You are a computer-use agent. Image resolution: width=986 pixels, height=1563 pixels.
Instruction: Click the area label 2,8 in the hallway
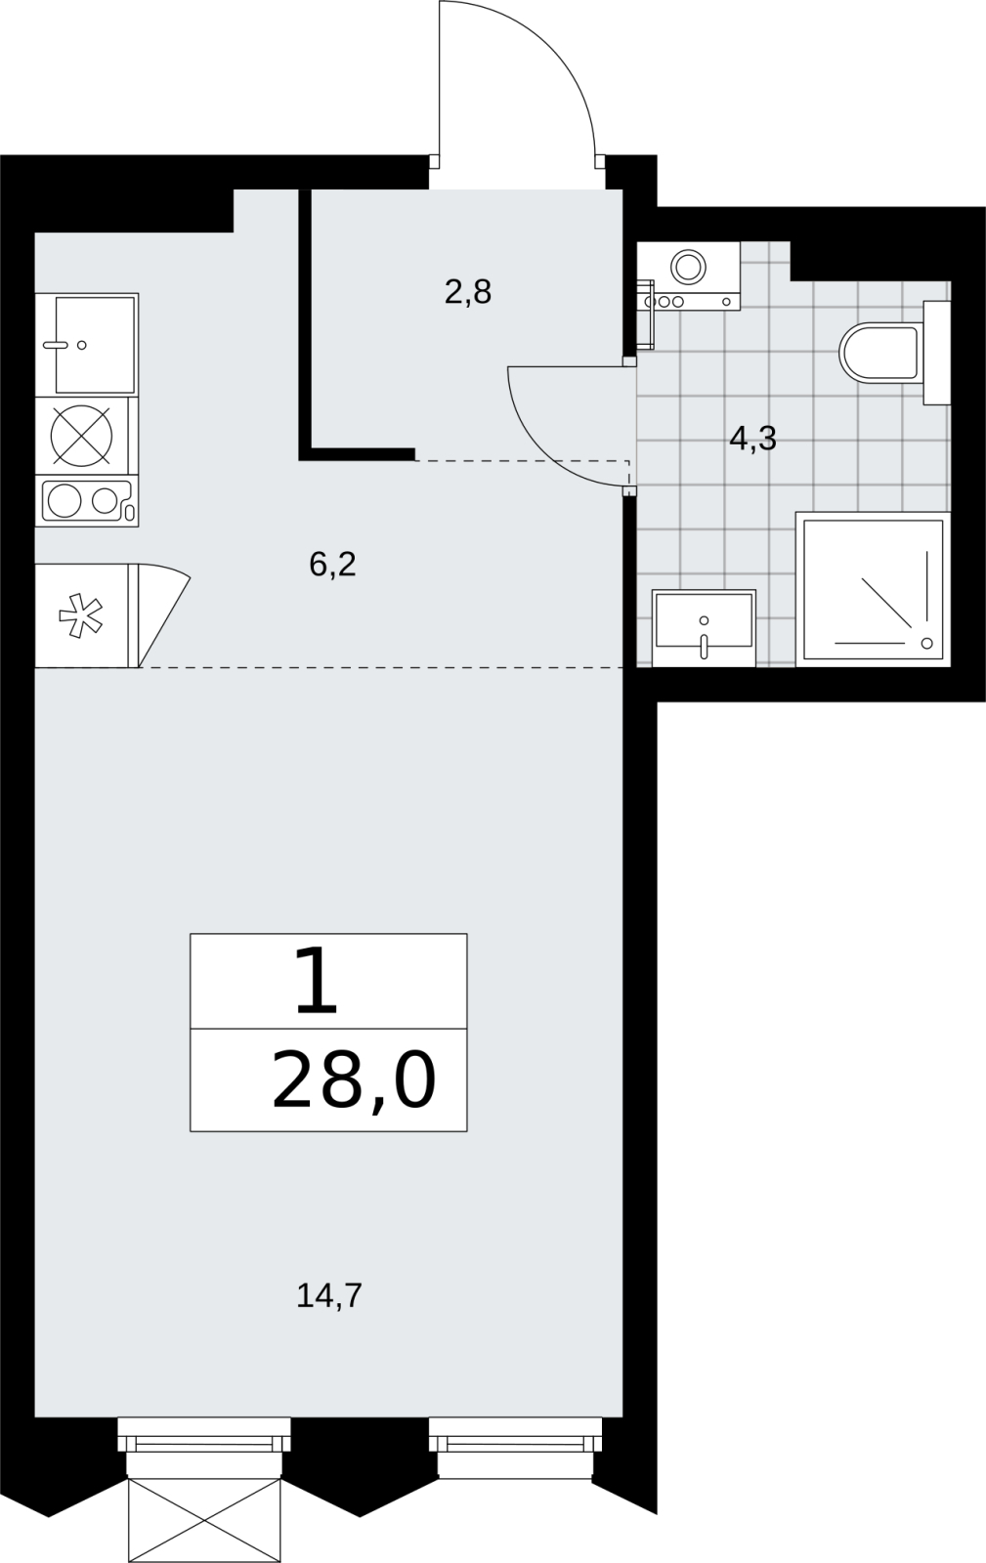coord(467,292)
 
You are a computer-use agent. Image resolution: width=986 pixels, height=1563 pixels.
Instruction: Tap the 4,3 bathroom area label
coord(752,439)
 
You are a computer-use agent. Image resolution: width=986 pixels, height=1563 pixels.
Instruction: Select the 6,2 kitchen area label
coord(332,564)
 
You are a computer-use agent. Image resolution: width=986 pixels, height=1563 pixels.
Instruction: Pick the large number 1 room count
coord(316,981)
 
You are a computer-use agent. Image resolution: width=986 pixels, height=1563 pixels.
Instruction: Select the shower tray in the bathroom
coord(873,590)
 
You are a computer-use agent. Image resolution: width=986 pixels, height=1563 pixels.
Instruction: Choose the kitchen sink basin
coord(95,345)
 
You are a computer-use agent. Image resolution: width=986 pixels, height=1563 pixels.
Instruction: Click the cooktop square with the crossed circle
coord(82,436)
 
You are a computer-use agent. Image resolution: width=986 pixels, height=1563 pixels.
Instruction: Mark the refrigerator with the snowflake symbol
coord(82,614)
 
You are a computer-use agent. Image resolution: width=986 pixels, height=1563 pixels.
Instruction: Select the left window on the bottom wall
coord(204,1439)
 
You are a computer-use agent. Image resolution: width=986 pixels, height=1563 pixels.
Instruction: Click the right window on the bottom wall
coord(515,1441)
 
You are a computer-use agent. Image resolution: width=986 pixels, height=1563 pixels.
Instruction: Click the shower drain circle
coord(926,644)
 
